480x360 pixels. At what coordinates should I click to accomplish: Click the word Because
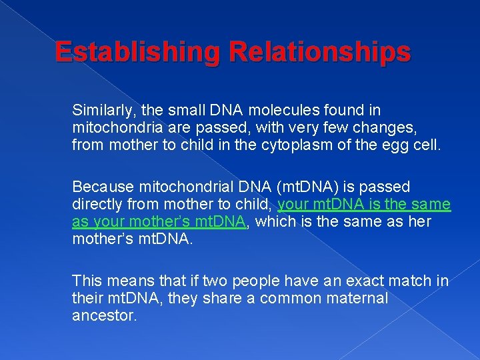coord(99,187)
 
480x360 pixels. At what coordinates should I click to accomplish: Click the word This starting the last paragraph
coord(87,281)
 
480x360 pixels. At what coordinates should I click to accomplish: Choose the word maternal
coord(357,297)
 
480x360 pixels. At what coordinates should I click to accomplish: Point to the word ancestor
coord(104,315)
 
